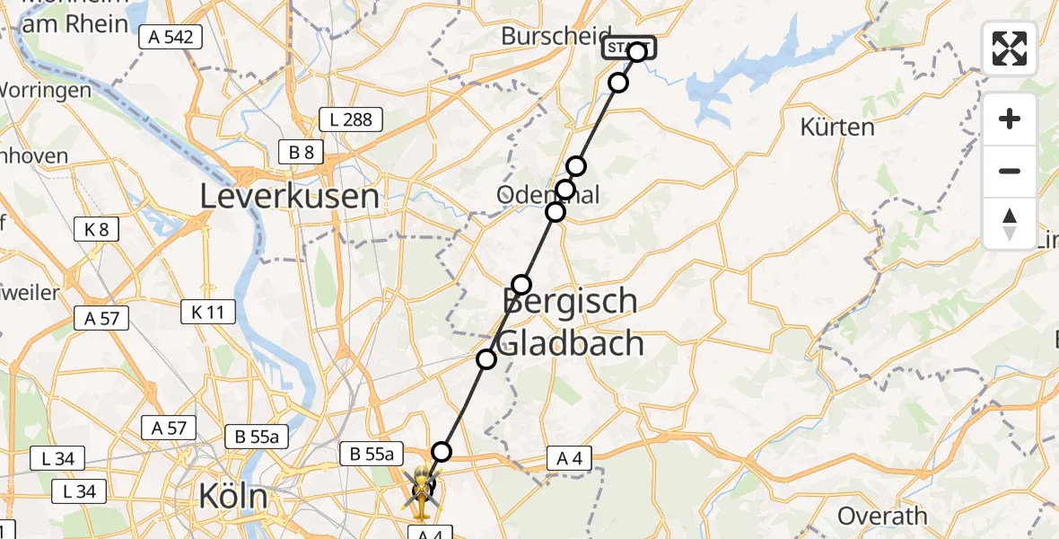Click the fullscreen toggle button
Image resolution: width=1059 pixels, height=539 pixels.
(1010, 49)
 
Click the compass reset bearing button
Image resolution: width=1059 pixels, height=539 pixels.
(1010, 224)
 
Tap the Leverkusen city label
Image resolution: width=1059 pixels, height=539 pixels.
(289, 195)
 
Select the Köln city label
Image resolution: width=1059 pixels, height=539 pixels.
(233, 497)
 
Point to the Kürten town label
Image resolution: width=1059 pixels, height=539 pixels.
(836, 127)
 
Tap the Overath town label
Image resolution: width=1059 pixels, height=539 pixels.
(882, 516)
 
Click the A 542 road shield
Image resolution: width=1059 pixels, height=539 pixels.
(171, 37)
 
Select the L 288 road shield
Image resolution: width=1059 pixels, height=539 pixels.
(352, 119)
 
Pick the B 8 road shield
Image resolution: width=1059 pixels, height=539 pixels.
(301, 153)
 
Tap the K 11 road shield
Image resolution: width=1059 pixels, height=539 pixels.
(207, 312)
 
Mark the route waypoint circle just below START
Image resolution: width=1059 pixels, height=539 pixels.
(618, 84)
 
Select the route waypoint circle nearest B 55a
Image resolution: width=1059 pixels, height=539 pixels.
(441, 452)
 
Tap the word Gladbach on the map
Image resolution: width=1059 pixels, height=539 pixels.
(570, 343)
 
